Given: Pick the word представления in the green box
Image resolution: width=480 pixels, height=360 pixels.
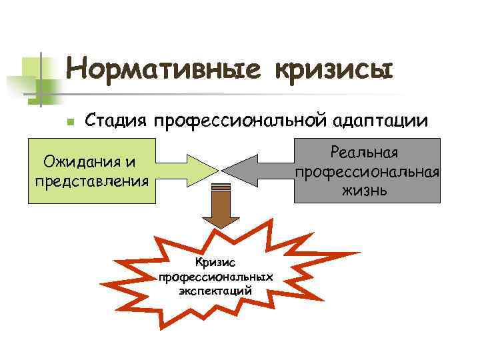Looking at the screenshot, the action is [x=91, y=179].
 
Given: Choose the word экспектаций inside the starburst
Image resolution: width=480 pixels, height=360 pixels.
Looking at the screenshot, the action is [x=215, y=290].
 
